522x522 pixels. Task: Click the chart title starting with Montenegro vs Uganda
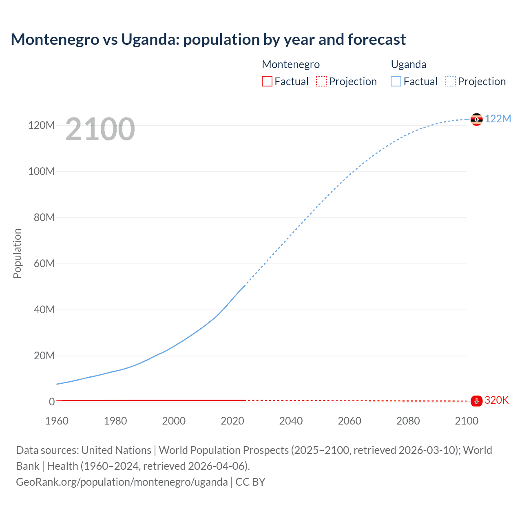coord(208,40)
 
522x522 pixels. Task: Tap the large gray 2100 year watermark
coord(100,129)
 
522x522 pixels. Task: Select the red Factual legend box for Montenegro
coord(267,81)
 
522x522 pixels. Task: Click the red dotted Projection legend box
coord(321,81)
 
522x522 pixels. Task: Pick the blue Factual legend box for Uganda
coord(396,81)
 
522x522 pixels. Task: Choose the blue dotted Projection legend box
coord(451,81)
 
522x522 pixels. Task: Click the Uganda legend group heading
coord(409,64)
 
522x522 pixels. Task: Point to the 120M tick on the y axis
coord(41,125)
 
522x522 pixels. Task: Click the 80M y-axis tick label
coord(44,217)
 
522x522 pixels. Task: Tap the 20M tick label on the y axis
coord(44,356)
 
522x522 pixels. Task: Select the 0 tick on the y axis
coord(52,402)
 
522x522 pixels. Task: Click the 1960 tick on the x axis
coord(57,421)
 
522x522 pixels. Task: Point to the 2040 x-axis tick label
coord(291,421)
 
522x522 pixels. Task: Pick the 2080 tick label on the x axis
coord(408,421)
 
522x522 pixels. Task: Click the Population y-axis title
coord(17,253)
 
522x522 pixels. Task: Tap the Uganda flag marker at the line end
coord(476,119)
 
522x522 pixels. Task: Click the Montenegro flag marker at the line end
coord(476,401)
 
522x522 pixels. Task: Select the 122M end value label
coord(498,119)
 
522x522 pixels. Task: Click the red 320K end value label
coord(496,400)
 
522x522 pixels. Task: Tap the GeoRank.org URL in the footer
coord(122,482)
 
